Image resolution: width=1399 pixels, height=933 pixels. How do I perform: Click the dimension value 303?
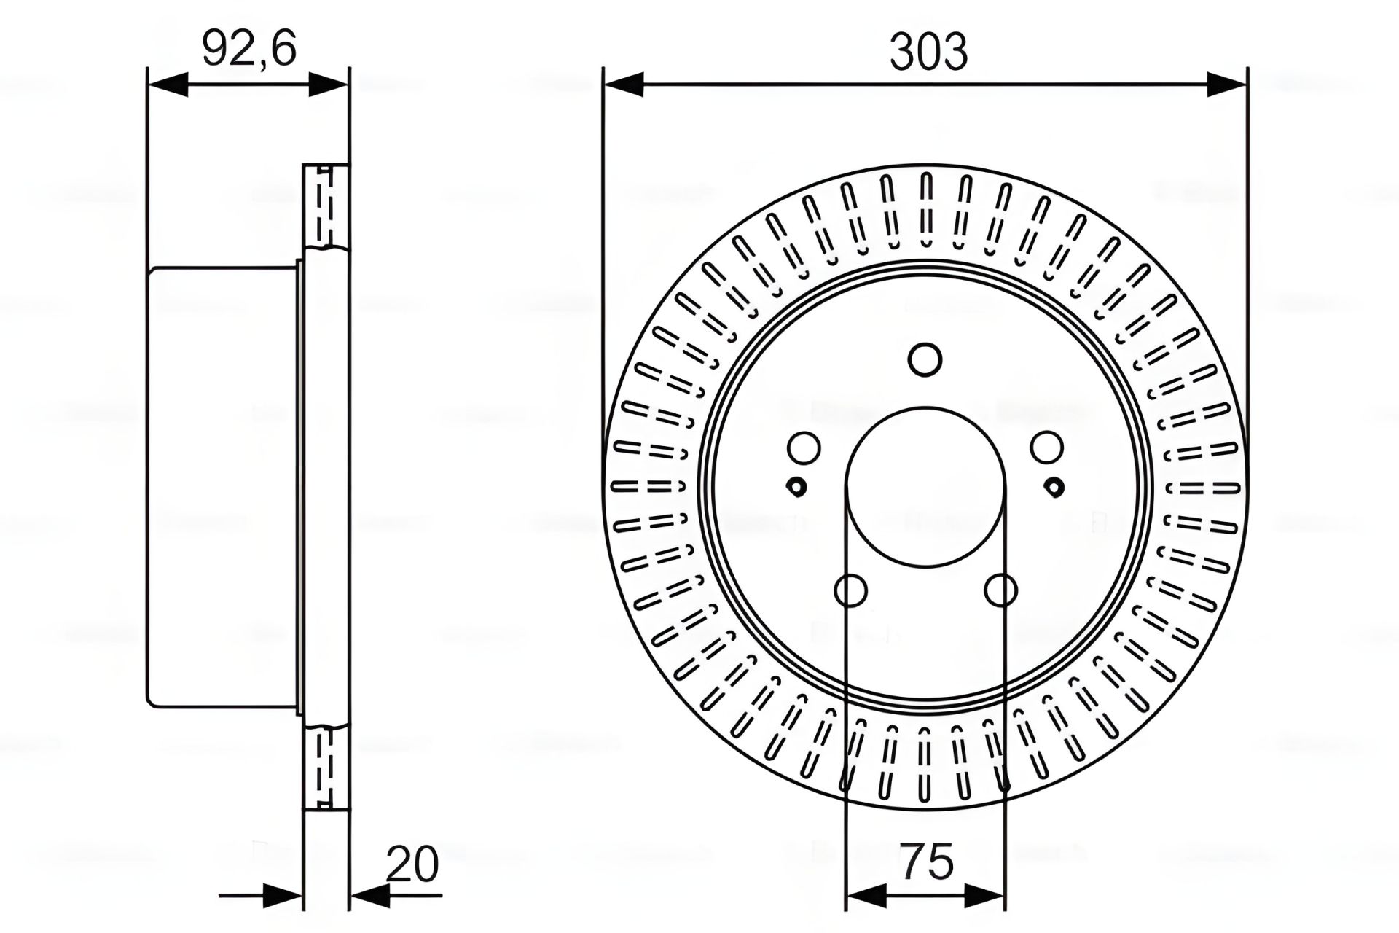(x=928, y=52)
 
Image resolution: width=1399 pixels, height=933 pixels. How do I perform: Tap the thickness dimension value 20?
(x=412, y=864)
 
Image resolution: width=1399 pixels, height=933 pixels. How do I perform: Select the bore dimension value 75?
(x=927, y=862)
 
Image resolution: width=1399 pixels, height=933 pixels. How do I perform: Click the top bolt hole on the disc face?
(x=925, y=359)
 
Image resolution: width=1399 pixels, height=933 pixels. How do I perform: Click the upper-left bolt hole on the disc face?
(x=804, y=448)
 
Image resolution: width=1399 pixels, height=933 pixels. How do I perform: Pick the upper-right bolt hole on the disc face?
(x=1046, y=448)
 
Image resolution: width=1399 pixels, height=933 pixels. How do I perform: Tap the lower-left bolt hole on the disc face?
(x=850, y=590)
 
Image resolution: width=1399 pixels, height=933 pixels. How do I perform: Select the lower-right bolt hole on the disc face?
(x=1000, y=590)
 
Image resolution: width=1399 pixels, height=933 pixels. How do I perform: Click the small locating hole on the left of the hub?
(x=797, y=486)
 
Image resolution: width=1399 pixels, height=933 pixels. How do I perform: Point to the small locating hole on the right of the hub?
(x=1054, y=486)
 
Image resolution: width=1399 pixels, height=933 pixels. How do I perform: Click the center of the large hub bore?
(x=925, y=486)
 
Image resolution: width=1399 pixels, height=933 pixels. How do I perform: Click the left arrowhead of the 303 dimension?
(x=624, y=84)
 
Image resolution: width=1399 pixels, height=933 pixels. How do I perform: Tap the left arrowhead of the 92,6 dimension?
(x=168, y=84)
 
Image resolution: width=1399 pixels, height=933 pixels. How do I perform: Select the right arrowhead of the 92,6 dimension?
(x=329, y=84)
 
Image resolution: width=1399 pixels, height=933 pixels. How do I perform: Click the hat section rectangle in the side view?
(x=222, y=486)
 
